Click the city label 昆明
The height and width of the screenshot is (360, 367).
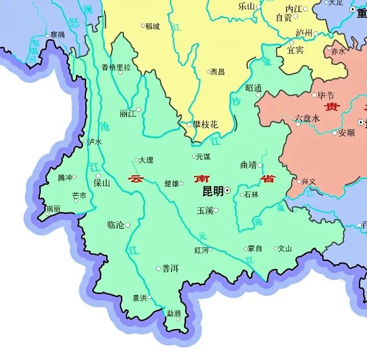[212, 191]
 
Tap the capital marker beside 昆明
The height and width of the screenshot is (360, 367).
[227, 191]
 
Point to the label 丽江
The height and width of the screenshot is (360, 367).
[127, 114]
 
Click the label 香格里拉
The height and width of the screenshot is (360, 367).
[116, 67]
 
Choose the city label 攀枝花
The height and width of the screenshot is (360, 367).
[205, 124]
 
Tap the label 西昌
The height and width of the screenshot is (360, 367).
[217, 72]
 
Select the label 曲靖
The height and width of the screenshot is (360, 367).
[248, 165]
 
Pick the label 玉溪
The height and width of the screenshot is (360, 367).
[204, 210]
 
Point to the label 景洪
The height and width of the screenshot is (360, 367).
[140, 298]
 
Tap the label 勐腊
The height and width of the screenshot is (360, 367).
[174, 313]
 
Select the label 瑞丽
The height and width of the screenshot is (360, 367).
[53, 208]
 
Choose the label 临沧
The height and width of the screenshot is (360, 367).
[116, 225]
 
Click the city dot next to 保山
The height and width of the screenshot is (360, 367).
[98, 175]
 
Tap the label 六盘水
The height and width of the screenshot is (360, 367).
[307, 118]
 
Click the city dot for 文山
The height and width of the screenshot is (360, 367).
[276, 249]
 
